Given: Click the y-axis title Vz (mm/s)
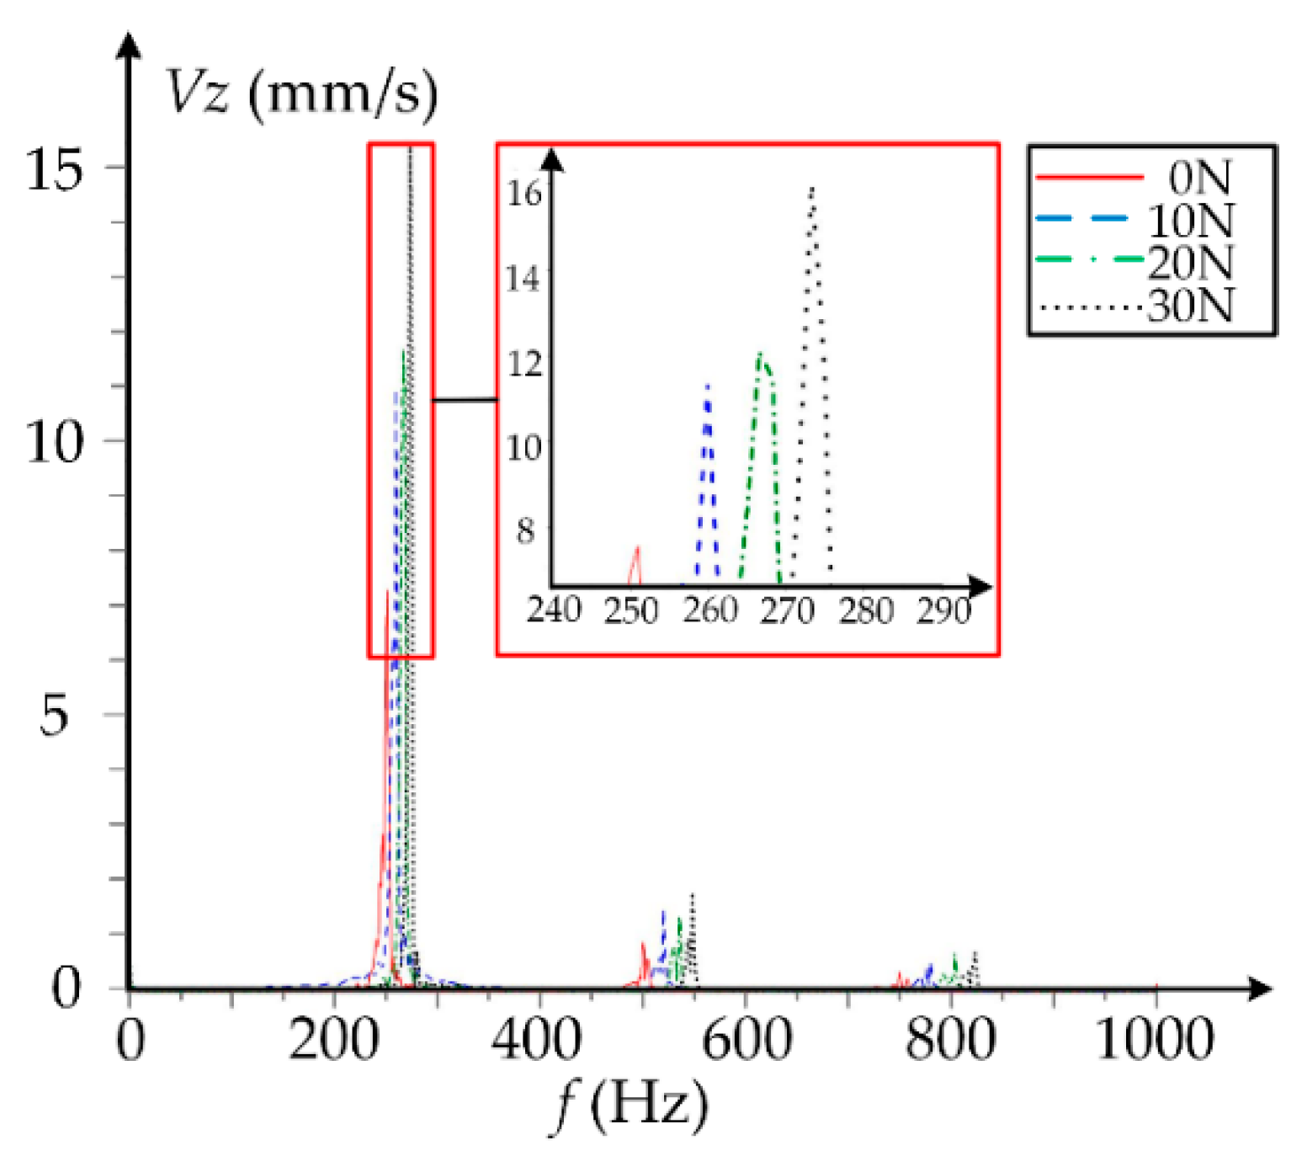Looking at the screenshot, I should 301,92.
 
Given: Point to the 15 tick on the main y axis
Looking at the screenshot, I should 56,169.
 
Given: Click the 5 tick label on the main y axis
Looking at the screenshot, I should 54,715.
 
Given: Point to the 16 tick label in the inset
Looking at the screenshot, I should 523,194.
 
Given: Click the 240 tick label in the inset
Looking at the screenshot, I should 553,610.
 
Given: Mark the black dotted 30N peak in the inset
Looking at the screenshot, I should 812,189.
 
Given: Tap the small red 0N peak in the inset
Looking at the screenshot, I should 636,550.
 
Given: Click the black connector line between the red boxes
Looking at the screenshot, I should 465,400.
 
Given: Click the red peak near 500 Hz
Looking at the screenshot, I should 643,945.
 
